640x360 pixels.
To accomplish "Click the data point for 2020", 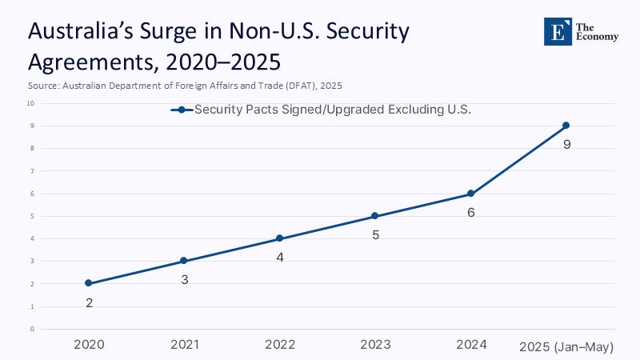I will click(88, 283).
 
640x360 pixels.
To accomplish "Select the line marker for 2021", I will click(183, 261).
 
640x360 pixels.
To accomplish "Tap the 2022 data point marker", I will click(279, 238).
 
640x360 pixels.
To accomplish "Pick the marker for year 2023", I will click(375, 216).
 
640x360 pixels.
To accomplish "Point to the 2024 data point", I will click(470, 194).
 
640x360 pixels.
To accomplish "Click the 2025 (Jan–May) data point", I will click(566, 126).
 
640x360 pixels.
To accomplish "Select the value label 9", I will click(566, 145).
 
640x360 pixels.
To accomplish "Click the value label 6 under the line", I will click(471, 213).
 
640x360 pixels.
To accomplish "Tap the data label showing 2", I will click(89, 303).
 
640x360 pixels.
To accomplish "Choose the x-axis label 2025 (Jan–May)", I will click(566, 346).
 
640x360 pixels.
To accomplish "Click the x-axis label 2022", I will click(279, 345).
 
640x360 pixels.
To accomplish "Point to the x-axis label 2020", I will click(88, 345).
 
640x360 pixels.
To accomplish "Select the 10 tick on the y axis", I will click(30, 103).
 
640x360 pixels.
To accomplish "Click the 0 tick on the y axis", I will click(32, 329).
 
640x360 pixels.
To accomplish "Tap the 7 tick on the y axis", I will click(32, 171).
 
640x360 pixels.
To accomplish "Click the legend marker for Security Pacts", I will click(182, 110).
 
